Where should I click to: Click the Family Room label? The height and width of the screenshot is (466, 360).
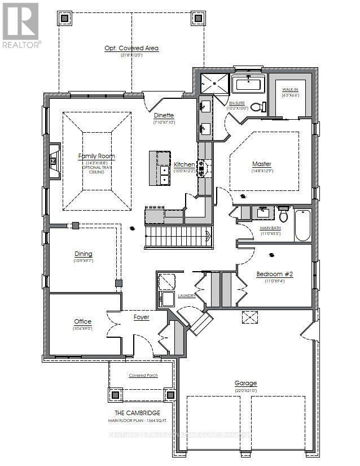point(96,156)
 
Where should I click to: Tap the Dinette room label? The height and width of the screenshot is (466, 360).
point(164,115)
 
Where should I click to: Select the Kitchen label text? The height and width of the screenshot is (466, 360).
point(184,164)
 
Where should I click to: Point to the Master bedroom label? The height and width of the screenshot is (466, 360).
point(262,164)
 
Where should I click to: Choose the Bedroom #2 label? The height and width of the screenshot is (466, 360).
point(275,274)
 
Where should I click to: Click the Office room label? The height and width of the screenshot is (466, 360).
point(82,321)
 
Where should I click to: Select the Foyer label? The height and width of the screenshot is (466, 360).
point(141,317)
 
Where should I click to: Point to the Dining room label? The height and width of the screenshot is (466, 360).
point(83,254)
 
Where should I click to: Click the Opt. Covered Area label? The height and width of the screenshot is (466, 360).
point(131,48)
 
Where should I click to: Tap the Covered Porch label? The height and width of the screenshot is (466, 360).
point(143,375)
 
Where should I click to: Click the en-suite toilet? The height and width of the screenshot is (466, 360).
point(257,107)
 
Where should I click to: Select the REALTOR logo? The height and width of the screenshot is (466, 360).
point(21,25)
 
